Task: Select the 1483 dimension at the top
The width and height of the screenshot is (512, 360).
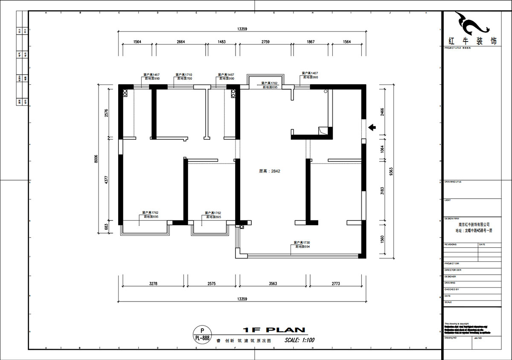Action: click(x=221, y=41)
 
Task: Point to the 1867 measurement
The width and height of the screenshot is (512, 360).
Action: click(x=311, y=41)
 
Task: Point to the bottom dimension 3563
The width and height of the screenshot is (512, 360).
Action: click(x=273, y=284)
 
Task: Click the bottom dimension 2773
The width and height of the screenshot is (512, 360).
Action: click(x=336, y=284)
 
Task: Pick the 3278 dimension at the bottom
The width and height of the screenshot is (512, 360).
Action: click(x=154, y=284)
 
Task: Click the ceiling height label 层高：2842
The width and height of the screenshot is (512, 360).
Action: click(x=269, y=171)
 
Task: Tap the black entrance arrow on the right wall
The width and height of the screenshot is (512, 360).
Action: click(x=372, y=127)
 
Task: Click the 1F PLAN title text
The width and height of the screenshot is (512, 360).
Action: click(x=274, y=330)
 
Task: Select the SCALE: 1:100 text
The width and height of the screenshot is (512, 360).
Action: click(x=300, y=340)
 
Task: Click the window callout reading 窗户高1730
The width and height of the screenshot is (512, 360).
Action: click(x=301, y=243)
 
